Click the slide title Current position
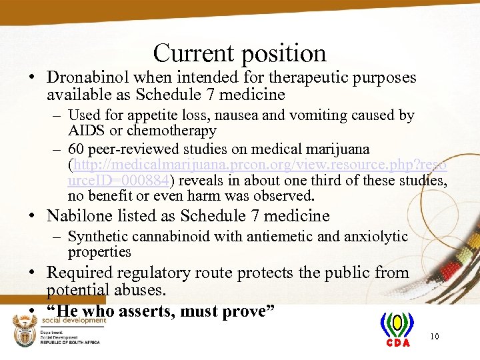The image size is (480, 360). [239, 53]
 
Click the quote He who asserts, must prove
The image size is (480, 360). [160, 311]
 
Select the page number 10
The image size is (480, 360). [435, 337]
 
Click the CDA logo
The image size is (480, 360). [397, 330]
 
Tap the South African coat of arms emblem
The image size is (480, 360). [26, 330]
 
